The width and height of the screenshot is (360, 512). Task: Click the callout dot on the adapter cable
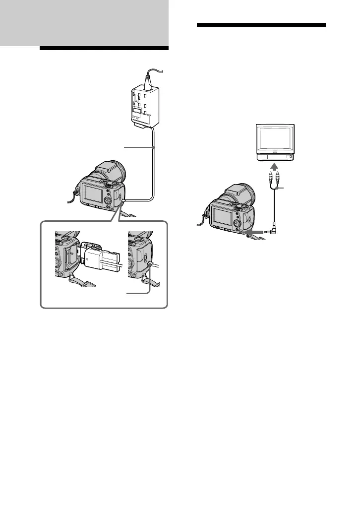(x=154, y=147)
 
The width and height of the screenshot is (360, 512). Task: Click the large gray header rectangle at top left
(x=84, y=22)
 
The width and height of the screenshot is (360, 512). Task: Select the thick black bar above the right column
(x=261, y=25)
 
